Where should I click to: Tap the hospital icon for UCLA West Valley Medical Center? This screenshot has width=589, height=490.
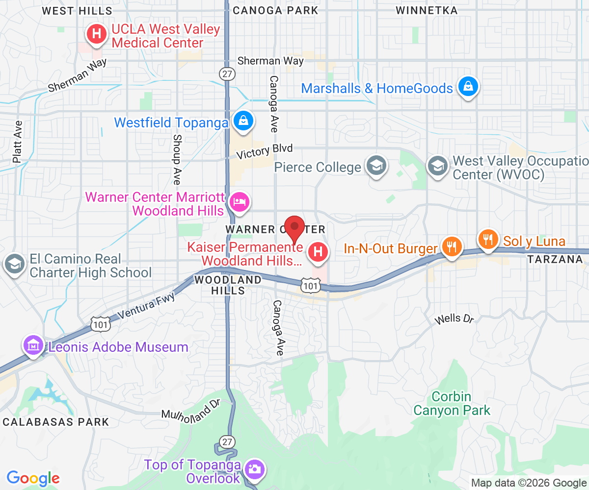coord(97,34)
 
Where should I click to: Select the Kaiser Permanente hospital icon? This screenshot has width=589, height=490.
coord(318,252)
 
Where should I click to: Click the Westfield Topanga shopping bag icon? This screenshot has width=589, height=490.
coord(243,120)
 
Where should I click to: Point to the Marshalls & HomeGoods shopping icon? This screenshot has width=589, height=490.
coord(468,87)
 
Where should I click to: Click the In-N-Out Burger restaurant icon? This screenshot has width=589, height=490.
coord(451,245)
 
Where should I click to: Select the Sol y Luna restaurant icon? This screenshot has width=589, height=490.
coord(487,240)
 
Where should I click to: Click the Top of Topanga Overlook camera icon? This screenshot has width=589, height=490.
coord(254,469)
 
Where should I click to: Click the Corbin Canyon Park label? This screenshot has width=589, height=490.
coord(452,403)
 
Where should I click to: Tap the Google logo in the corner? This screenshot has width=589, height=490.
coord(33,478)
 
